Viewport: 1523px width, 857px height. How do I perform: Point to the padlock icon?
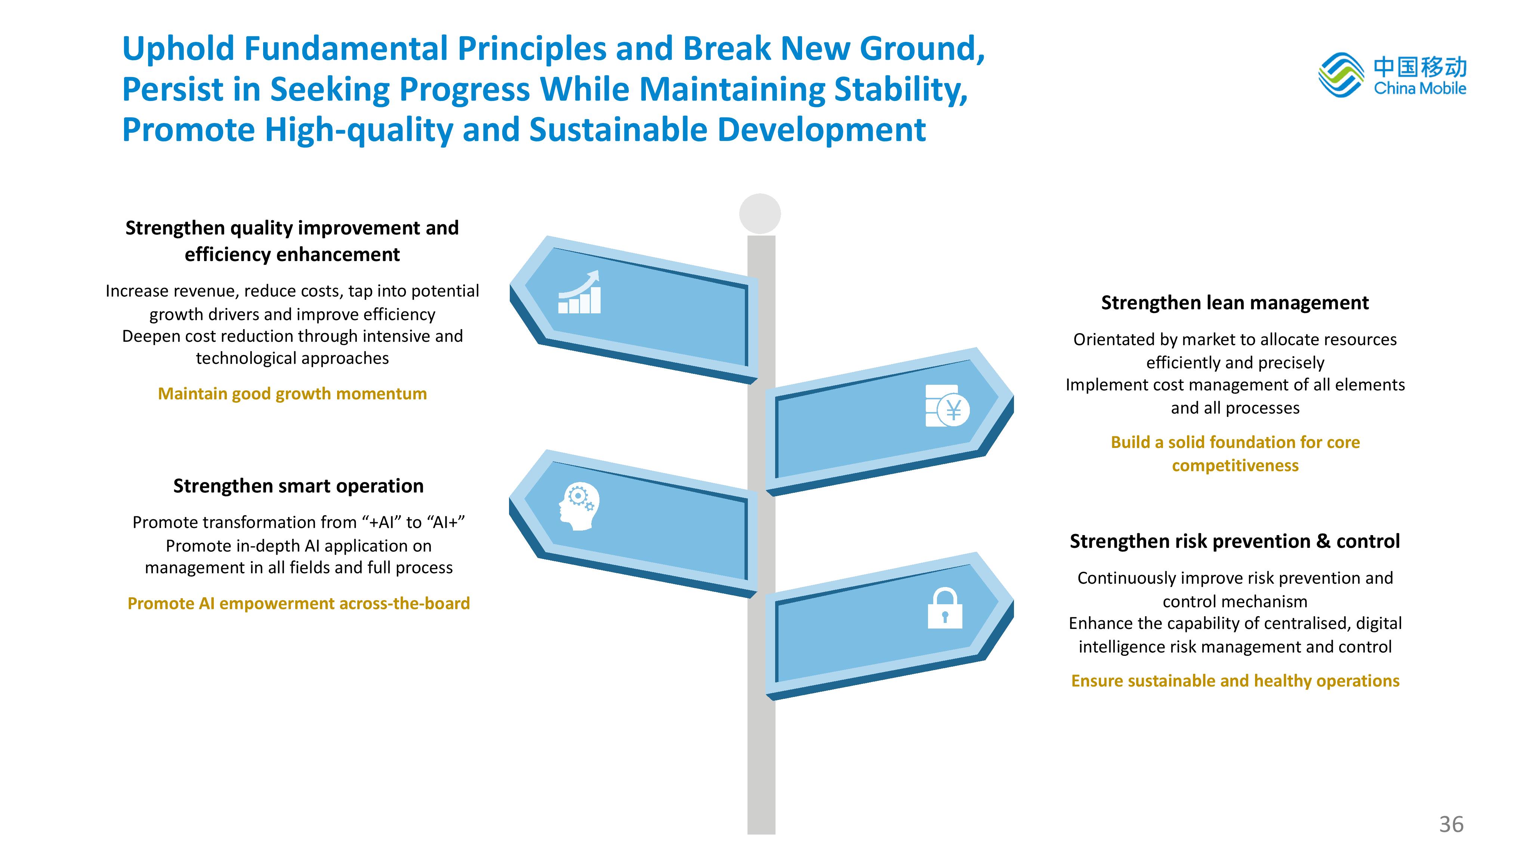[945, 608]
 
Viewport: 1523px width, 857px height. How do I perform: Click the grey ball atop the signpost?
[760, 214]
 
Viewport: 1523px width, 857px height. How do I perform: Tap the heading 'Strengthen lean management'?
[1234, 303]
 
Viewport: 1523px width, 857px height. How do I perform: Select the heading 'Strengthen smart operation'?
[299, 486]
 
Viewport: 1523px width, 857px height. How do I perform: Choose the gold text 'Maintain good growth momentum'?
[292, 393]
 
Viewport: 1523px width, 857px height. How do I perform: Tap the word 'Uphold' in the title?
[179, 49]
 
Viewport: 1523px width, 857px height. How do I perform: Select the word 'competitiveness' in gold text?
[1235, 466]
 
